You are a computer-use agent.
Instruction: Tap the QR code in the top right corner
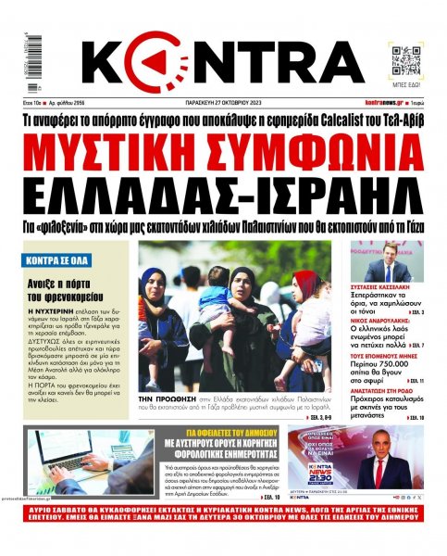point(406,59)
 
